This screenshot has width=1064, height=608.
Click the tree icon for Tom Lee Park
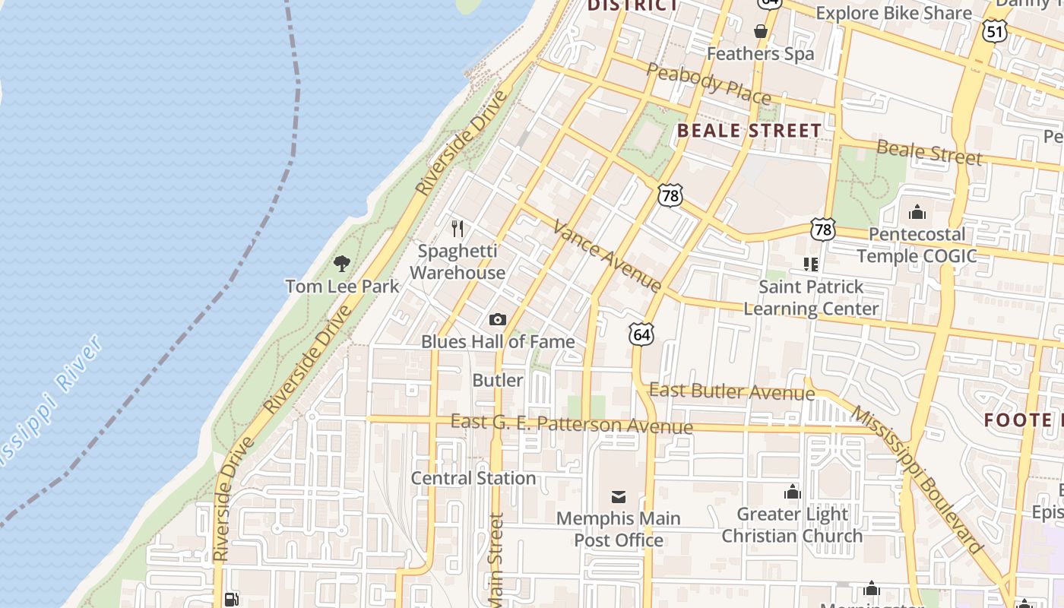(342, 264)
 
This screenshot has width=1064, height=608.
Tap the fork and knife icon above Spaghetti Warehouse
(458, 228)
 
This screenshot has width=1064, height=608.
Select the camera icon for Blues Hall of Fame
(498, 319)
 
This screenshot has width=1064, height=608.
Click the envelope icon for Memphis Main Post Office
(619, 497)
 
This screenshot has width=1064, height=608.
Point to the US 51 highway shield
(994, 30)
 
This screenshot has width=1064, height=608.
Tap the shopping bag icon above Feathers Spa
(760, 31)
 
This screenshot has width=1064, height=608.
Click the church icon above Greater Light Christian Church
(793, 492)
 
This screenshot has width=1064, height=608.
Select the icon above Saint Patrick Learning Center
(811, 264)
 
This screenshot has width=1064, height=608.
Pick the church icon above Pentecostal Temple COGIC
(917, 211)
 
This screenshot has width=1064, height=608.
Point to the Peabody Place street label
(708, 83)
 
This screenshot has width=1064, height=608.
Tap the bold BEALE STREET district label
(749, 130)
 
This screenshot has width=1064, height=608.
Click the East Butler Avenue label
(731, 391)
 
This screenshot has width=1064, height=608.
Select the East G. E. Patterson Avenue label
(572, 424)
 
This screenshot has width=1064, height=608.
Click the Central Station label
(473, 478)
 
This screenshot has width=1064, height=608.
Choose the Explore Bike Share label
(893, 13)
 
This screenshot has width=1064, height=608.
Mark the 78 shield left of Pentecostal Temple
(823, 230)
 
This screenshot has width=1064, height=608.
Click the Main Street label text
(496, 561)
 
